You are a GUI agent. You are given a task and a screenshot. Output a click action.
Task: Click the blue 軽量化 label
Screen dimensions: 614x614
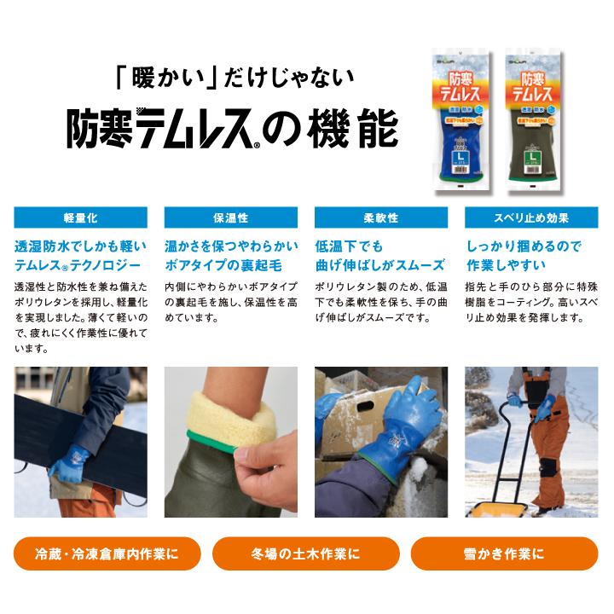[80, 217]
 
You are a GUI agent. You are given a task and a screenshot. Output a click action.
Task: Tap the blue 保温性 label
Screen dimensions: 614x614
[230, 217]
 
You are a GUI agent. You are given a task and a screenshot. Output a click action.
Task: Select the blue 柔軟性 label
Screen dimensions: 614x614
[380, 217]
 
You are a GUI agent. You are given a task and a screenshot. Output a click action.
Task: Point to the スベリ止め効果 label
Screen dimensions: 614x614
[531, 217]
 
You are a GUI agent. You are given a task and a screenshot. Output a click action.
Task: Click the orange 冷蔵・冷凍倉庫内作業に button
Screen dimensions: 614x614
[107, 553]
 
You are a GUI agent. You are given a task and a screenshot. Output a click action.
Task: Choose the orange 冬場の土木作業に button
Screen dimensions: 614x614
[306, 553]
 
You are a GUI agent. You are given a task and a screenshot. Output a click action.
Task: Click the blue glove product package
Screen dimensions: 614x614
[462, 119]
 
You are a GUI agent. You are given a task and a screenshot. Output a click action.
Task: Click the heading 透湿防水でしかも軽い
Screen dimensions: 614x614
[80, 246]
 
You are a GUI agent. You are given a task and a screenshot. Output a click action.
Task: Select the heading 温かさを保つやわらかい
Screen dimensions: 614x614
[230, 246]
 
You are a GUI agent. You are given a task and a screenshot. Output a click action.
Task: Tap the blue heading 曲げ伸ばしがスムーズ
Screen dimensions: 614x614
[379, 264]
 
